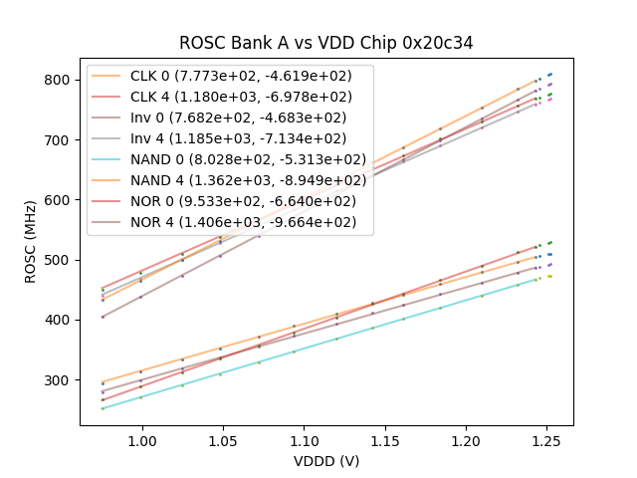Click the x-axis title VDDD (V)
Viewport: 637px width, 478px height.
[x=325, y=461]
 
